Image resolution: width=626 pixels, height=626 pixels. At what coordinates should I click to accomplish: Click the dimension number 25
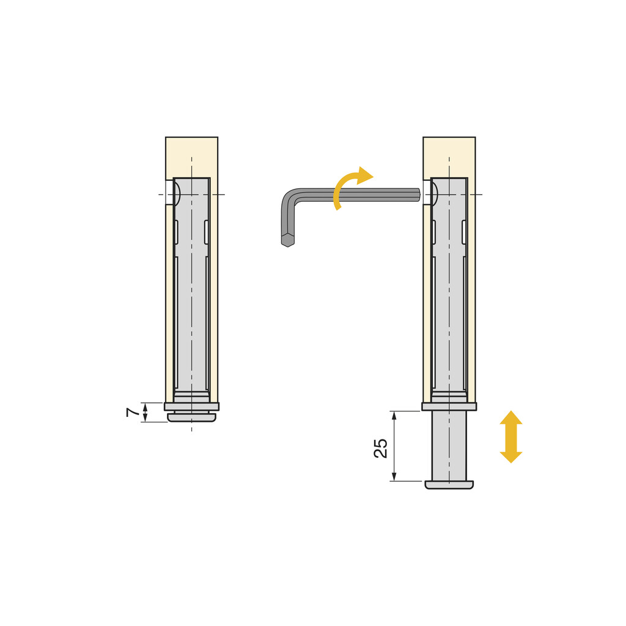click(x=380, y=448)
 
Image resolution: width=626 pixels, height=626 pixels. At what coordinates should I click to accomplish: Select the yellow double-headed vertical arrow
click(x=511, y=436)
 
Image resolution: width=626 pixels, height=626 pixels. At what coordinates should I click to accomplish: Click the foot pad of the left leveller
click(x=191, y=418)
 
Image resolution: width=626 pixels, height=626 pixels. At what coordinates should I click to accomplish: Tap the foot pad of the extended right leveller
click(x=449, y=485)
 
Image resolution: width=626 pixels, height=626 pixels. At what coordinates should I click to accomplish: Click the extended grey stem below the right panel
click(x=449, y=445)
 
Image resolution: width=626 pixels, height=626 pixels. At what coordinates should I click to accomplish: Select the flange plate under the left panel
click(x=191, y=407)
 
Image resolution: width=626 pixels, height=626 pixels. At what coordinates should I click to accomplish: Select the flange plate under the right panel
click(x=449, y=407)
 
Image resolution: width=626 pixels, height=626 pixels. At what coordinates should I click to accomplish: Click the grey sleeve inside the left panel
click(x=191, y=306)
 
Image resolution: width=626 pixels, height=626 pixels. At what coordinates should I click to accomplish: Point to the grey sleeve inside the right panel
click(x=449, y=306)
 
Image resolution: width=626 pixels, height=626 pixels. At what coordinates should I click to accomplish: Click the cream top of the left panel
click(x=191, y=156)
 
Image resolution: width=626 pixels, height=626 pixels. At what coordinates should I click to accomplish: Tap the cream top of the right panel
click(x=449, y=156)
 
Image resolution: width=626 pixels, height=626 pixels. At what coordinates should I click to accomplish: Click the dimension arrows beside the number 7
click(x=145, y=413)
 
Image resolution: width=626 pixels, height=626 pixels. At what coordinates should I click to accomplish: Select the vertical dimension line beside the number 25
click(x=394, y=446)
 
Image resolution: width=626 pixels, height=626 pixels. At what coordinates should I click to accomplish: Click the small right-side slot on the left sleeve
click(x=206, y=231)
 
